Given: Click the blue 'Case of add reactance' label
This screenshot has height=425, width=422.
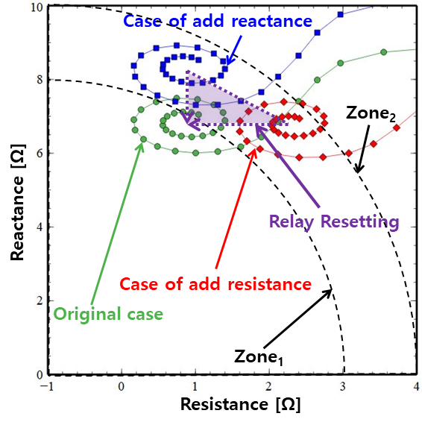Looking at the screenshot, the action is (218, 21).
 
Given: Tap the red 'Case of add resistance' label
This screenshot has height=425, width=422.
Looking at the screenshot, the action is (215, 284).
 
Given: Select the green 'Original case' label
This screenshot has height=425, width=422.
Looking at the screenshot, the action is (108, 314).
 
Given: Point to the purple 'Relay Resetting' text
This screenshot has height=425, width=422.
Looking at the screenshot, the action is (334, 222).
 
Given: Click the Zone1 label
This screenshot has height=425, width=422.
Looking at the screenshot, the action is (259, 356).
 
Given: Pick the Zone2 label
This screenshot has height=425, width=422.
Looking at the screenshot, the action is (371, 113).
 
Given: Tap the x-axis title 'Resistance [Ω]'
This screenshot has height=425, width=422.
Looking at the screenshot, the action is (240, 405).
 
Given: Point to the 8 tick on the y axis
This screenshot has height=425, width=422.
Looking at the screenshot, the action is (40, 80).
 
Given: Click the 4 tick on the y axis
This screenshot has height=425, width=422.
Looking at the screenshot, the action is (40, 227).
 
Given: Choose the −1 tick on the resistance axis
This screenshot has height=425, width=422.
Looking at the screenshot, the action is (46, 387).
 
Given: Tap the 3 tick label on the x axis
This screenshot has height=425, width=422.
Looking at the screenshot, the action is (343, 387).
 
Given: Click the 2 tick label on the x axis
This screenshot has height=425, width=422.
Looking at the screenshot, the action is (269, 387).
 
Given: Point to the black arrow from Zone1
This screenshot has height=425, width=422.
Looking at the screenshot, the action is (298, 318).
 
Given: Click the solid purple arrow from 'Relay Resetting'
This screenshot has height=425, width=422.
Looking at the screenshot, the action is (287, 166).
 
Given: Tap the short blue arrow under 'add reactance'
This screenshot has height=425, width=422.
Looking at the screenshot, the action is (233, 50).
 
